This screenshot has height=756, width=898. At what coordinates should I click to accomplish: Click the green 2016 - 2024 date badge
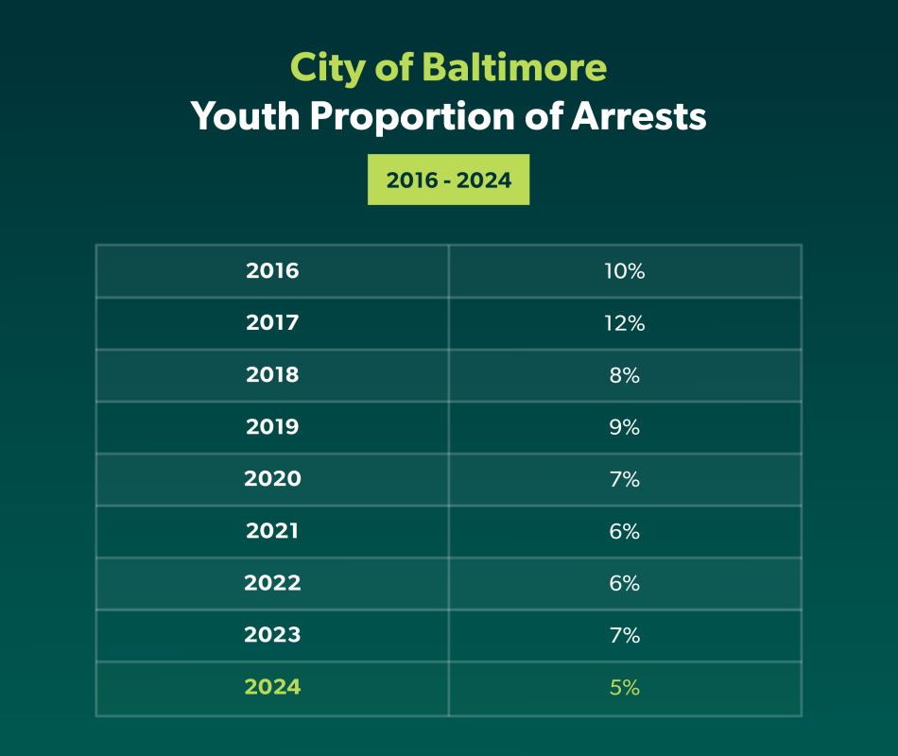point(448,180)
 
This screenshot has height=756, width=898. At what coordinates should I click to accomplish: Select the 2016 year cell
point(272,271)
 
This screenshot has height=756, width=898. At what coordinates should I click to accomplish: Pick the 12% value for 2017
point(624,323)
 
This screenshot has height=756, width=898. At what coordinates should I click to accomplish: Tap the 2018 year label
point(272,375)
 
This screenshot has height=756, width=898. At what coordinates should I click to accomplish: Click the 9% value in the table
point(624,427)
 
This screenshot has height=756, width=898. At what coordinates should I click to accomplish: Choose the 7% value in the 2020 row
point(624,479)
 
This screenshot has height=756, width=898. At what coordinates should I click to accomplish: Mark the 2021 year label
point(272,531)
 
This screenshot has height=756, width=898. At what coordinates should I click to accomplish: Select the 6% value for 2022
point(624,583)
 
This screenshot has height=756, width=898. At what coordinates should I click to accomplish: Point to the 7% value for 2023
point(624,635)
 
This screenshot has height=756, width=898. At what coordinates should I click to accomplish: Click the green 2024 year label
point(272,687)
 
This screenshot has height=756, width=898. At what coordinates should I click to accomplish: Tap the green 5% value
point(624,687)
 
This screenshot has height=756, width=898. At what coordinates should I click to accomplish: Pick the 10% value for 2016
point(624,271)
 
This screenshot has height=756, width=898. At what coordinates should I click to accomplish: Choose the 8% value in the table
point(624,375)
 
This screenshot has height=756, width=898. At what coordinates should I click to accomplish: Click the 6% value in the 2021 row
point(624,531)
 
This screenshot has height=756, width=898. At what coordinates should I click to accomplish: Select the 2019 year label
point(272,427)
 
